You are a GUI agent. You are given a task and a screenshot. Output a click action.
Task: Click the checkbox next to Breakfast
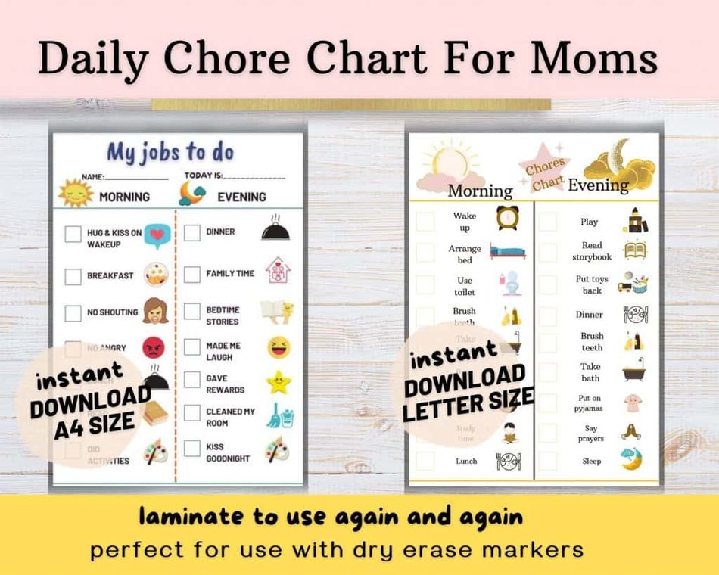[x=73, y=277]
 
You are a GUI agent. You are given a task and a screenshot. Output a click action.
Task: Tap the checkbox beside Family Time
[x=192, y=274]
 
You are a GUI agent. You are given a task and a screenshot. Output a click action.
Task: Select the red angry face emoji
[x=154, y=347]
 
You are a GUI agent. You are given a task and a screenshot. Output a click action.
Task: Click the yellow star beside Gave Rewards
[x=279, y=382]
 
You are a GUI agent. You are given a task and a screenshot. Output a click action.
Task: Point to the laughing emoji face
[x=279, y=347]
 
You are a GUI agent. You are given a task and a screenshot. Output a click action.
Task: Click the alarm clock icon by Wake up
[x=507, y=218]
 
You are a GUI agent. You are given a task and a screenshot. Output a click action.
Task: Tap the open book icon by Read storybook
[x=634, y=250]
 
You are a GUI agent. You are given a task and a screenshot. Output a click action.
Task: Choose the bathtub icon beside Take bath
[x=633, y=370]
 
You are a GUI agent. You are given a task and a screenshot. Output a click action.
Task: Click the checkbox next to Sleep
[x=548, y=461]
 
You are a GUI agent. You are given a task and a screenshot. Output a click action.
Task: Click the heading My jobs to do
[x=170, y=152]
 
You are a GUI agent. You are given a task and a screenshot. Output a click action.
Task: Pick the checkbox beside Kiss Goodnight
[x=192, y=448]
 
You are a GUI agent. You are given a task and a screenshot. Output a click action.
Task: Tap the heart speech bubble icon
[x=157, y=237]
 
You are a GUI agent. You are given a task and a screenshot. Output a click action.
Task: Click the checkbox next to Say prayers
[x=548, y=432]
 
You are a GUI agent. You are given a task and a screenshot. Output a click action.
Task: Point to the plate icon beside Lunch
[x=508, y=461]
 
